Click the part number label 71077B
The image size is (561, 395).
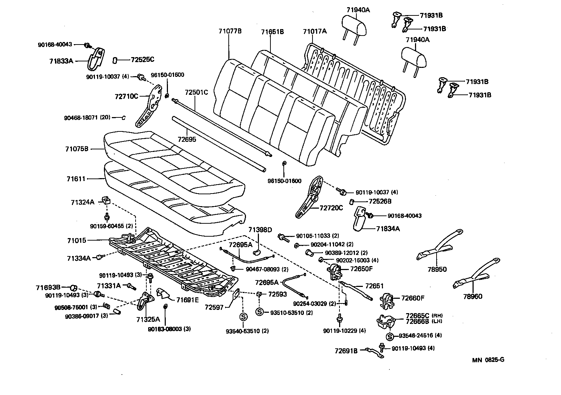(230, 31)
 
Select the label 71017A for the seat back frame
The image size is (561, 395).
(315, 31)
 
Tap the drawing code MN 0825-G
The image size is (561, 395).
(488, 359)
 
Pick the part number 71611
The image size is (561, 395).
(76, 178)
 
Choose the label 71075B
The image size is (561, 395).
(77, 148)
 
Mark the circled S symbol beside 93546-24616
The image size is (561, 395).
(390, 336)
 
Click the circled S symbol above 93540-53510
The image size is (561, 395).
(243, 317)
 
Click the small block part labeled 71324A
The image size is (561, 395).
(106, 200)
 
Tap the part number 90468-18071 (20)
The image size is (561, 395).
(87, 117)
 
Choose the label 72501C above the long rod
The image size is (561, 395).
(196, 92)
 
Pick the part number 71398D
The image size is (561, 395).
(260, 230)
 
